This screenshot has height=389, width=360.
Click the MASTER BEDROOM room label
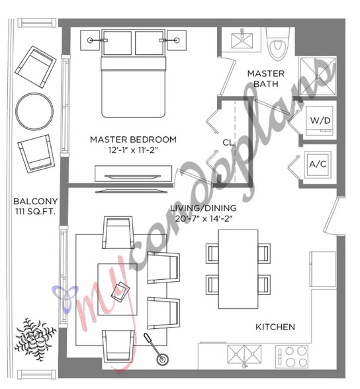pyautogui.click(x=133, y=140)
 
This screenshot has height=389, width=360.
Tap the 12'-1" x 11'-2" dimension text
pyautogui.click(x=133, y=150)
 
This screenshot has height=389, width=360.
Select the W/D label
pyautogui.click(x=320, y=120)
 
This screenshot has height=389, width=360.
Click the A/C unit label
pyautogui.click(x=318, y=164)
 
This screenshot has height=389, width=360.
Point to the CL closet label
pyautogui.click(x=228, y=143)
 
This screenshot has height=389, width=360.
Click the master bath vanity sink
pyautogui.click(x=242, y=39)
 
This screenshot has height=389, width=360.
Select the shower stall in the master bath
pyautogui.click(x=318, y=77)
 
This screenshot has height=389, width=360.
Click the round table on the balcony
pyautogui.click(x=34, y=111)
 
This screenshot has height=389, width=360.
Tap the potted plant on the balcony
pyautogui.click(x=35, y=337)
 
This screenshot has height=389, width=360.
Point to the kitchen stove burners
pyautogui.click(x=292, y=356)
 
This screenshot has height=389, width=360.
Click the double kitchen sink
pyautogui.click(x=244, y=355)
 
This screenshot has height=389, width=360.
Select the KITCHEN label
pyautogui.click(x=275, y=327)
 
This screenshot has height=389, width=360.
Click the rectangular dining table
pyautogui.click(x=238, y=269)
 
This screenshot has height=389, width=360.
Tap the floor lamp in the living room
pyautogui.click(x=156, y=349)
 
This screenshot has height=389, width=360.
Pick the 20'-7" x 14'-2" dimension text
pyautogui.click(x=204, y=219)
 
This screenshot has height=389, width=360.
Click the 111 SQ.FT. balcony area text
pyautogui.click(x=36, y=212)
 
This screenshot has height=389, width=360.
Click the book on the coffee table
pyautogui.click(x=120, y=292)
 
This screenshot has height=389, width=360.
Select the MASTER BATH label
pyautogui.click(x=266, y=79)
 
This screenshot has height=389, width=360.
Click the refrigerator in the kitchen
pyautogui.click(x=322, y=269)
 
